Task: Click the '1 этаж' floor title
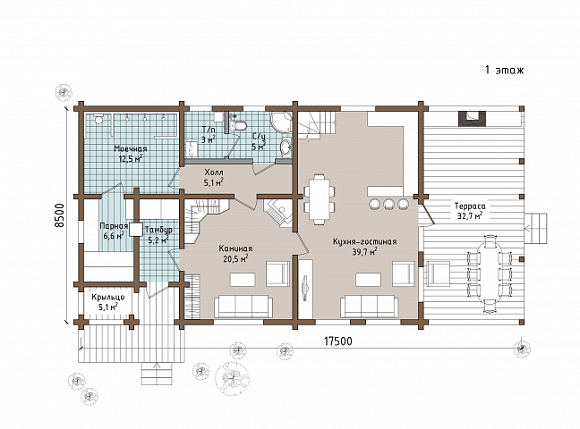coord(504,70)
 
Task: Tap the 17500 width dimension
coord(338,341)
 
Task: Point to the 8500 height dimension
coord(60,215)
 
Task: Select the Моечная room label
coord(130,149)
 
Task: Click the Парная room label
coord(114,226)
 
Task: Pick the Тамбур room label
coord(158,230)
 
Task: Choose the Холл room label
coord(214,172)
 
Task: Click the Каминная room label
coord(235,248)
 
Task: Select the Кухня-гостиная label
coord(364,241)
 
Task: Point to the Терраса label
coord(470,206)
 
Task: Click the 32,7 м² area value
coord(470,216)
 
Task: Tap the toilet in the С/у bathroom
coord(240,126)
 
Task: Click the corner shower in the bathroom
coord(281,122)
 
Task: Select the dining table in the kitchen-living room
coord(320,198)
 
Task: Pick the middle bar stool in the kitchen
coord(388,203)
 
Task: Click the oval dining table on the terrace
coord(490,273)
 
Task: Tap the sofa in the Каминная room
coord(243,307)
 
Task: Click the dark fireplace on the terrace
coord(470,118)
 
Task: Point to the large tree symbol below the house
coord(233,377)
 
